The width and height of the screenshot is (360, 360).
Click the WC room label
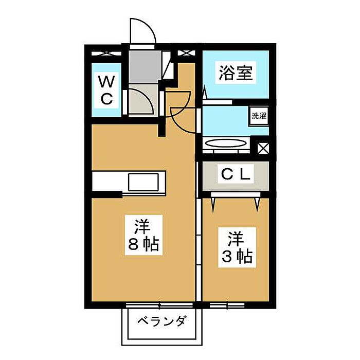click(106, 90)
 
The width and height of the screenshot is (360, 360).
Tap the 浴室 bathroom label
click(236, 73)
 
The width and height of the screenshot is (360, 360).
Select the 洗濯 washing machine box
click(259, 116)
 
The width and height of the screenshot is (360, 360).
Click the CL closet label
click(236, 174)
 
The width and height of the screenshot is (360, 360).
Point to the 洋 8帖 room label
click(143, 235)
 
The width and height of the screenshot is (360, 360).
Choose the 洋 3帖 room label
click(237, 247)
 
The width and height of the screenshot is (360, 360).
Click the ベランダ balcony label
click(161, 321)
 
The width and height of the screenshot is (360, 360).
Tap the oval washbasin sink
click(226, 143)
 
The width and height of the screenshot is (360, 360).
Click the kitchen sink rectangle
click(143, 182)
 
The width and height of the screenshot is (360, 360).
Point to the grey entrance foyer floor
click(145, 67)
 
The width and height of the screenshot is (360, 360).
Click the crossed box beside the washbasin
click(263, 149)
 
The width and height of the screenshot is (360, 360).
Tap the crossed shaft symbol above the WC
click(106, 53)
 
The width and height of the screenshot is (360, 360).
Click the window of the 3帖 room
click(227, 305)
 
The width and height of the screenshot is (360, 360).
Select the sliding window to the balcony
click(159, 305)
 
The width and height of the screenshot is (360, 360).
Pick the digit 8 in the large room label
click(133, 244)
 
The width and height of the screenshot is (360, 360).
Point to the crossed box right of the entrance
click(186, 53)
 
